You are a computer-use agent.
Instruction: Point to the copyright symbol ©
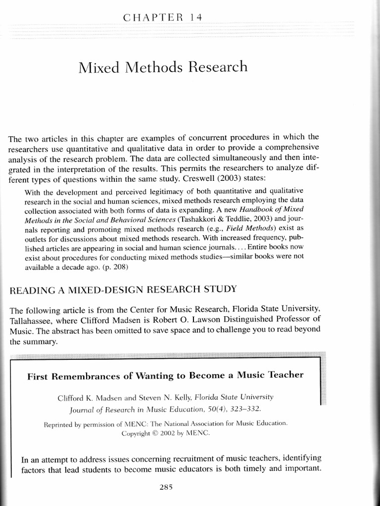tap(157, 433)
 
